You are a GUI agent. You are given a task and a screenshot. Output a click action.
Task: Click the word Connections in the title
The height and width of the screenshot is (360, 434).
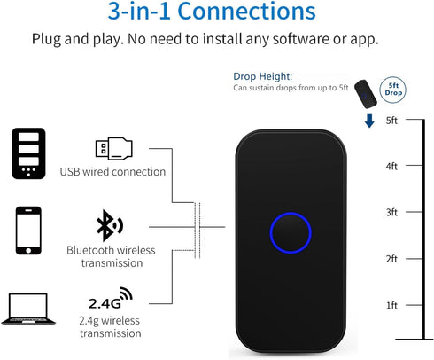point(246,12)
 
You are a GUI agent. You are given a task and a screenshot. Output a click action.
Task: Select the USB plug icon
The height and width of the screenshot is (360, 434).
point(114,148)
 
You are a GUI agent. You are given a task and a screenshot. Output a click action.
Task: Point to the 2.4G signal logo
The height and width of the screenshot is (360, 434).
point(111,298)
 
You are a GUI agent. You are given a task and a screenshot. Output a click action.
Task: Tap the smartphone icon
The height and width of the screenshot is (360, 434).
point(28,231)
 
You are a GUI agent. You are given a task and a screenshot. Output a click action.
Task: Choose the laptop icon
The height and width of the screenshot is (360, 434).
point(28,309)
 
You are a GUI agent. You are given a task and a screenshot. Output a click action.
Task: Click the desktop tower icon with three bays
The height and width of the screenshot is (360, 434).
point(28,153)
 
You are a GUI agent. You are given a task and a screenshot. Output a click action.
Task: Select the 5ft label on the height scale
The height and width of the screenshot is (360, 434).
point(391,121)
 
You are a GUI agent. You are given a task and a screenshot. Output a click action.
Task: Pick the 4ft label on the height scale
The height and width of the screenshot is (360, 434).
point(391,167)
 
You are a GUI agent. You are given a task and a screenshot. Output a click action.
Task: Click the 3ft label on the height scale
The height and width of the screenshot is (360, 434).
point(391,212)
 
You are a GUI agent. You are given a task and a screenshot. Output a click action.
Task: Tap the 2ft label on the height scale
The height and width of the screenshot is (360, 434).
point(391,259)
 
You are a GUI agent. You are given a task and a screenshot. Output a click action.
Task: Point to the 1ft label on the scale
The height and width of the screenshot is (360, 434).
point(391,305)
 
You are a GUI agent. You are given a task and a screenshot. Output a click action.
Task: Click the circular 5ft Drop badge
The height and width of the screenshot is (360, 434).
point(392,90)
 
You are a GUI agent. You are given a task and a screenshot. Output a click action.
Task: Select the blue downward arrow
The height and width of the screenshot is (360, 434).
point(369,121)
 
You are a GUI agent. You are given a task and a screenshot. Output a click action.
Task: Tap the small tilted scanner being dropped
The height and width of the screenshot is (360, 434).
point(366,94)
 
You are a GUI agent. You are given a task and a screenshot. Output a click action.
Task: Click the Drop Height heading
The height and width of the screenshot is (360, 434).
point(262,76)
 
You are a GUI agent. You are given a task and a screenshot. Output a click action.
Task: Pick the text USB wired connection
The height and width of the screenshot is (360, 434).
point(112,172)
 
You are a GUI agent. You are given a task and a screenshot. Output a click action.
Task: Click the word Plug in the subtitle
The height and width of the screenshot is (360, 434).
point(46,39)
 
